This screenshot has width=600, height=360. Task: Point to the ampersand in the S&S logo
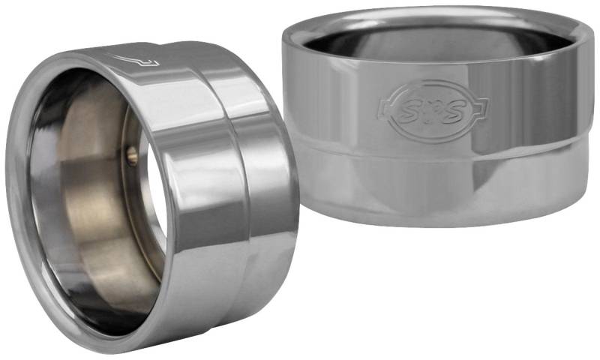tap(432, 109)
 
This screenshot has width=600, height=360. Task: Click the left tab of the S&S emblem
tap(385, 107)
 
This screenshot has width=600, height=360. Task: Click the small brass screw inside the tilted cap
tap(132, 154)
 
